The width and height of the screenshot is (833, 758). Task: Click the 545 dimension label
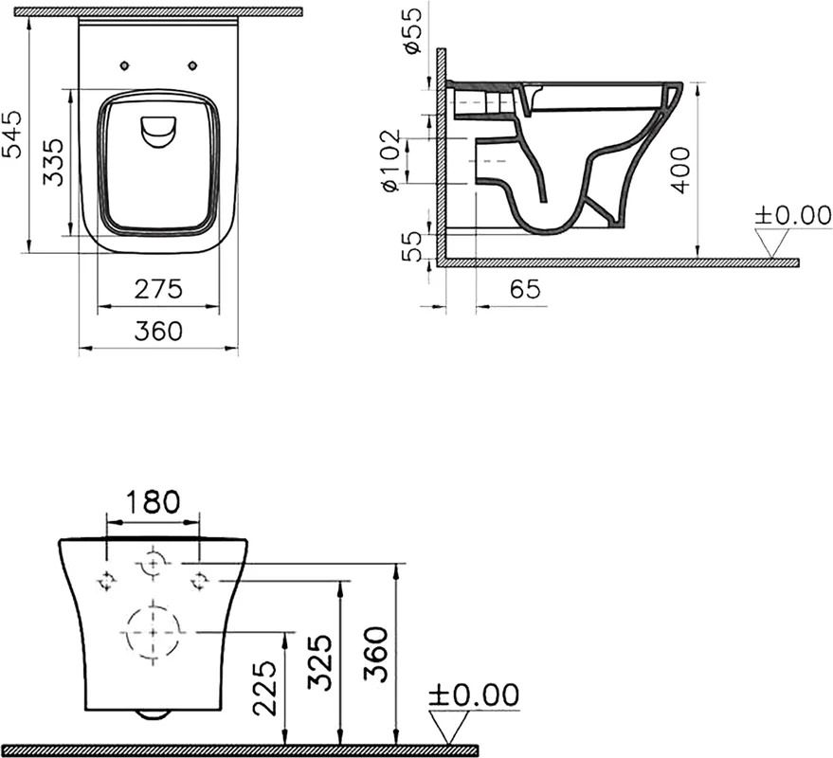pyautogui.click(x=11, y=135)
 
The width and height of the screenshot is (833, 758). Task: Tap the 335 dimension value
pyautogui.click(x=52, y=163)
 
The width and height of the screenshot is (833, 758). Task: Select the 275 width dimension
pyautogui.click(x=158, y=290)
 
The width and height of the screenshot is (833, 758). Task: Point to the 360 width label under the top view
pyautogui.click(x=158, y=332)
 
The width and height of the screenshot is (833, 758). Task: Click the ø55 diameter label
pyautogui.click(x=412, y=31)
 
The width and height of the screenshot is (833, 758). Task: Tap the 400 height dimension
pyautogui.click(x=680, y=170)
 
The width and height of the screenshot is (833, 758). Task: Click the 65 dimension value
pyautogui.click(x=525, y=290)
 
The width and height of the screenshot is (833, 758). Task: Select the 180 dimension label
pyautogui.click(x=154, y=502)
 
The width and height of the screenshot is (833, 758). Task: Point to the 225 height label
pyautogui.click(x=264, y=688)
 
